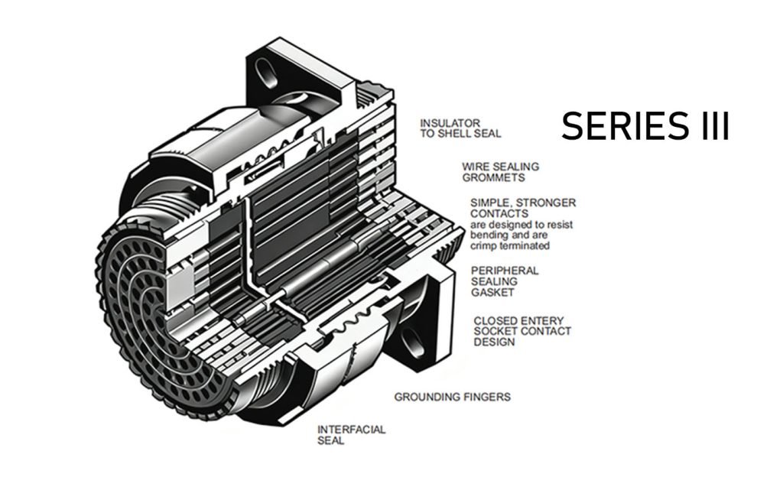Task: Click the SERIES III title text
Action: [x=645, y=125]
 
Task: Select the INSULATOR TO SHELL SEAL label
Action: [x=460, y=128]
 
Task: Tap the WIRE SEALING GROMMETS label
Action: [x=500, y=172]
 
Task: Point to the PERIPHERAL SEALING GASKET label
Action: [x=505, y=281]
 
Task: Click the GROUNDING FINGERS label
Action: [x=453, y=397]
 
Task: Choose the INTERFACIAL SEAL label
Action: [x=351, y=435]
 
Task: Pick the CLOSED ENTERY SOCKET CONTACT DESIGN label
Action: [x=521, y=331]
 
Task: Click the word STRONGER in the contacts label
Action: [x=546, y=203]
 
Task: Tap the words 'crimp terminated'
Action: [x=510, y=246]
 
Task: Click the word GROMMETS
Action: [x=493, y=178]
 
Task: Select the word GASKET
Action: [x=492, y=292]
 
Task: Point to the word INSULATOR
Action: [x=450, y=123]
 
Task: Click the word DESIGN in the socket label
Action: [x=494, y=342]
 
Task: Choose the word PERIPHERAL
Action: [x=505, y=271]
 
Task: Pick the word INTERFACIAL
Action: [x=351, y=430]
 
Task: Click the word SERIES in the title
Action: [x=624, y=125]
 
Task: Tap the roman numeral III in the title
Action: [x=715, y=125]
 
